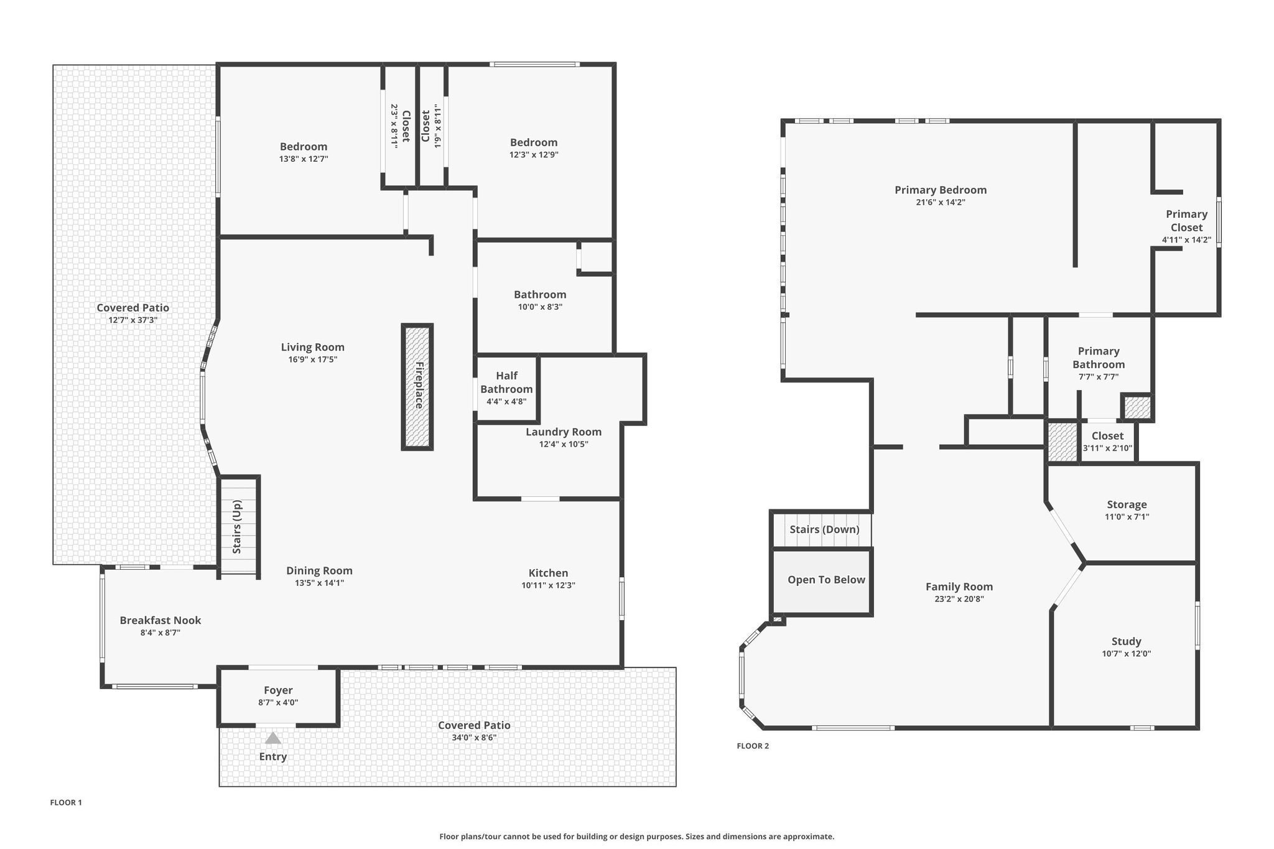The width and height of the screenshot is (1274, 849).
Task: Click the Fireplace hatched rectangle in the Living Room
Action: coord(417,387)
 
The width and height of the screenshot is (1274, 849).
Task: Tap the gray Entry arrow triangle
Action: coord(272,738)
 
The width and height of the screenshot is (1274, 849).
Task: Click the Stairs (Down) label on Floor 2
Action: coord(824,529)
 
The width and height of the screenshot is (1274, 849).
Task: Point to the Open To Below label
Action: coord(826,580)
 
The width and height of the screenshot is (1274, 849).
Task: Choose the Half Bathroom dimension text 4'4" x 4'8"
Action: coord(506,401)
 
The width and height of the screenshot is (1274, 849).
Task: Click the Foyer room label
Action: coord(278,690)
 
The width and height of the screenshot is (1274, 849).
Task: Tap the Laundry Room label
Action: coord(564,432)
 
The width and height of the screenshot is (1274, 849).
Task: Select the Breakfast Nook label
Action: coord(160,620)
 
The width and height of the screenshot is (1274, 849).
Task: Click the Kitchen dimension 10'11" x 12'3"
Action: coord(548,585)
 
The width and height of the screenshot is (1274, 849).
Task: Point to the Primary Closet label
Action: coord(1186,221)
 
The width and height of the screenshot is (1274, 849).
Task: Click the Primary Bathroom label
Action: coord(1099,358)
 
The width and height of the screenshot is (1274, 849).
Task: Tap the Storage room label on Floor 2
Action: coord(1127,504)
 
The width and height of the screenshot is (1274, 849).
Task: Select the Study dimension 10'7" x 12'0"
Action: coord(1126,654)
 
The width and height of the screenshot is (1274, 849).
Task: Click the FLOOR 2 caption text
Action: coord(753,746)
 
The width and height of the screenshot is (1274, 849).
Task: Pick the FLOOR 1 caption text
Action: coord(66,802)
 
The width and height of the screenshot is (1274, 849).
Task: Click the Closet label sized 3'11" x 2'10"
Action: coord(1107,436)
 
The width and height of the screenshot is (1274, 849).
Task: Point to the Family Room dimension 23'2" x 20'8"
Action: coord(959,599)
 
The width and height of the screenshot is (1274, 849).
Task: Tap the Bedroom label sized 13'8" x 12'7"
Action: coord(304,147)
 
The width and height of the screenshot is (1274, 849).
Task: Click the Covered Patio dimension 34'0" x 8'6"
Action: coord(474,738)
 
